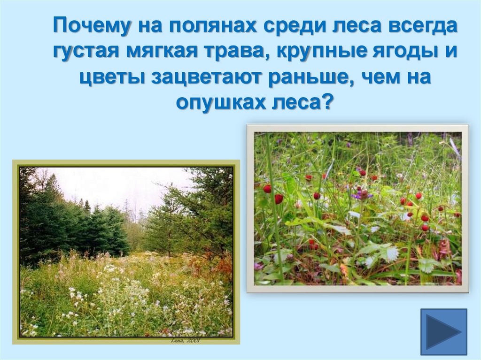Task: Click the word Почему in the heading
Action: tap(92, 25)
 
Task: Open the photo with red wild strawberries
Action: tap(357, 208)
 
